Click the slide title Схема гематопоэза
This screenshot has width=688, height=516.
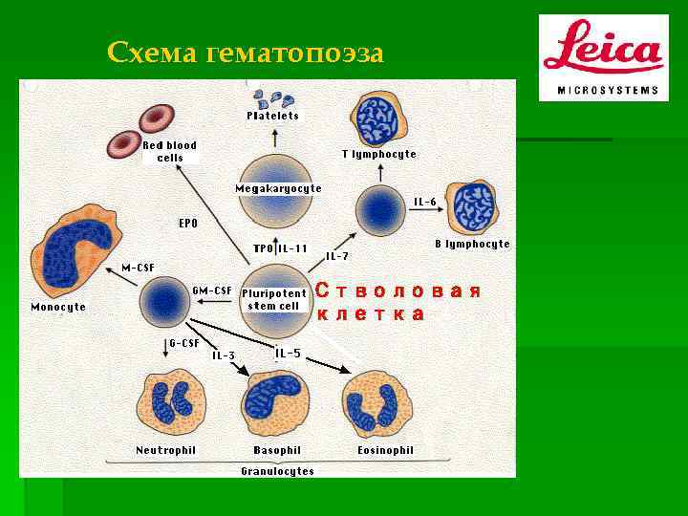246,53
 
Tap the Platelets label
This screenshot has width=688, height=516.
273,116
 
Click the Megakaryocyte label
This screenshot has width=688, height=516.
278,188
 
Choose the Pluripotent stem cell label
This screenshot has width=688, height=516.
274,299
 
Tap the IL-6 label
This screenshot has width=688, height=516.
425,202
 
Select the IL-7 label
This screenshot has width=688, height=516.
337,256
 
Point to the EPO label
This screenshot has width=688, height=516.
188,224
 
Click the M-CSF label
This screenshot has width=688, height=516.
138,267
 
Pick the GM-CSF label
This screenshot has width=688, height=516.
211,290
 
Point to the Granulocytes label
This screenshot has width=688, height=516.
277,471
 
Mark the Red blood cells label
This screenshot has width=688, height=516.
170,151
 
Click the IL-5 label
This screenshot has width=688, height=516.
288,354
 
